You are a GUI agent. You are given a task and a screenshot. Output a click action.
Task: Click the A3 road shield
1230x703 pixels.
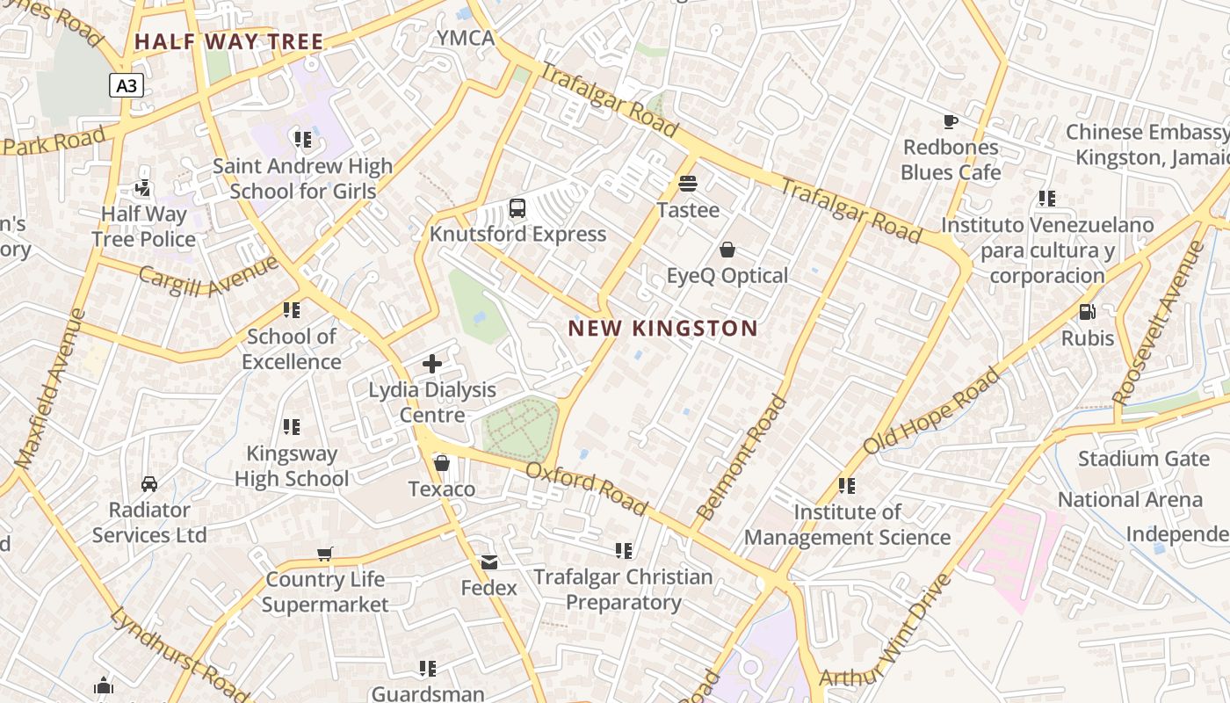tap(127, 85)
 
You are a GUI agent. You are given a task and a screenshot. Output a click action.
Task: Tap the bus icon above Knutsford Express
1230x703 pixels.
tap(517, 208)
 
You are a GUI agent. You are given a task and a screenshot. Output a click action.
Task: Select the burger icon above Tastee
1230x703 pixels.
tap(688, 184)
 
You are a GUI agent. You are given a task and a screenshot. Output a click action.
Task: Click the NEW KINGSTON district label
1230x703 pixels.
tap(662, 329)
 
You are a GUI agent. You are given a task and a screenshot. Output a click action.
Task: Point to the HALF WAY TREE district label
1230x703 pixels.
tap(229, 41)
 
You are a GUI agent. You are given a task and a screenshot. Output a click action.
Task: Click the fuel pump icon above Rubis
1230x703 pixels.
tap(1087, 312)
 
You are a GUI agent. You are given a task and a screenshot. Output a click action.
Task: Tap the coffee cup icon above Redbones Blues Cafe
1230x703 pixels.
tap(950, 121)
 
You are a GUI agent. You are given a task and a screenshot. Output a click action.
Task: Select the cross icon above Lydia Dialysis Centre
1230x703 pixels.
tap(432, 363)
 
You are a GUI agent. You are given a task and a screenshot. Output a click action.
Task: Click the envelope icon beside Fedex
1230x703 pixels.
tap(488, 562)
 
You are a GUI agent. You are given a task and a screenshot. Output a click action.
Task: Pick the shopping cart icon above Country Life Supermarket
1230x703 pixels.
tap(325, 554)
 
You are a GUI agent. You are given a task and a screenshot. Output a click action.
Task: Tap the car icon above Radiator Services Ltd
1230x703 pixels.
tap(149, 484)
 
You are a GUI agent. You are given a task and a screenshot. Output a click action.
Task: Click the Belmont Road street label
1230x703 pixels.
tap(742, 457)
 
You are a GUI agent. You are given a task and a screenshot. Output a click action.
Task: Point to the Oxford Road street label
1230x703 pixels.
tap(587, 489)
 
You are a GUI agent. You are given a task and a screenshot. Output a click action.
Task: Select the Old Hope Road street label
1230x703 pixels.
tap(931, 411)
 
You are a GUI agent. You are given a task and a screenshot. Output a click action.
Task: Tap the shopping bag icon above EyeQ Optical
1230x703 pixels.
tap(727, 250)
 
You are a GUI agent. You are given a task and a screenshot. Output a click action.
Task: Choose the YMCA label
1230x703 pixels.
tap(467, 38)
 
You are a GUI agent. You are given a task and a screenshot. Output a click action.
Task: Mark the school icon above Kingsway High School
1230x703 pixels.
tap(292, 427)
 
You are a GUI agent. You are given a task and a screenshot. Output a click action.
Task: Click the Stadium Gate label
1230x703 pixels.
tap(1132, 459)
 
